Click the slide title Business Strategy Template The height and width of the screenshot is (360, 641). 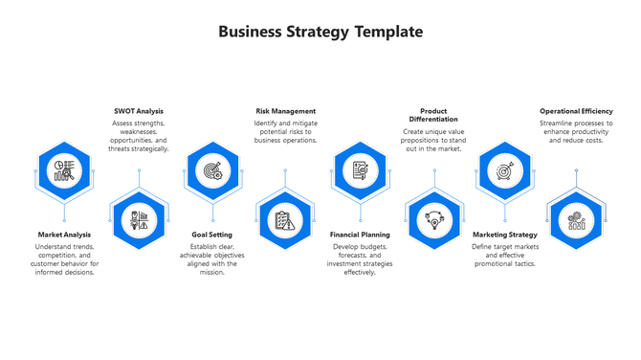[x=320, y=32]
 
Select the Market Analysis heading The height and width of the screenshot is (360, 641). [x=64, y=235]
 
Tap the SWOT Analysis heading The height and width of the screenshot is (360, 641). [x=139, y=111]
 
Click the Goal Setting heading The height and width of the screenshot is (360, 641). [x=211, y=235]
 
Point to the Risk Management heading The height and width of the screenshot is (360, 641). [x=285, y=111]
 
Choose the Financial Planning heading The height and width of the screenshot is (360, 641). [x=360, y=235]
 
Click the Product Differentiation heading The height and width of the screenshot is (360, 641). [x=433, y=115]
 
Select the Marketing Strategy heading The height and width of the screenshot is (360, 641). [x=505, y=235]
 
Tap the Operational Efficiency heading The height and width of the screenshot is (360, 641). [x=576, y=111]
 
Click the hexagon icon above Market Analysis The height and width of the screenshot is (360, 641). [x=65, y=170]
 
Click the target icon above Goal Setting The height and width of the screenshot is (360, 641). [x=211, y=170]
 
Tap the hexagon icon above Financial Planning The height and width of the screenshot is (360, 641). [x=359, y=170]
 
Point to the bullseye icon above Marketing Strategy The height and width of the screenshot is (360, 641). [x=504, y=170]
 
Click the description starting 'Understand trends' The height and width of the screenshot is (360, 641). [x=64, y=259]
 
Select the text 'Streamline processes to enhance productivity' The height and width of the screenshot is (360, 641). [x=576, y=131]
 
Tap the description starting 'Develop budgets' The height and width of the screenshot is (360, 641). [x=360, y=259]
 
